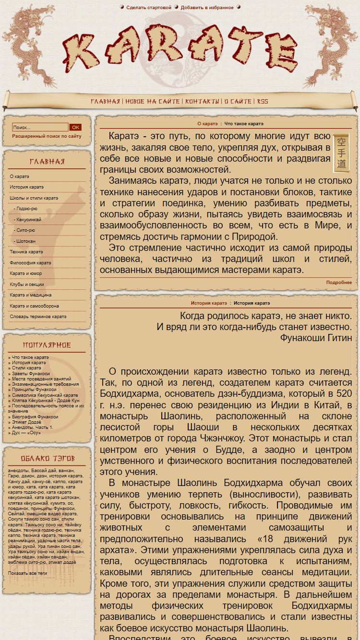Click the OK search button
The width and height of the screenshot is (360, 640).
click(75, 128)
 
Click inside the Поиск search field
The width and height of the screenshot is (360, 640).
click(40, 128)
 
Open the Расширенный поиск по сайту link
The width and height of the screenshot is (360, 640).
click(47, 136)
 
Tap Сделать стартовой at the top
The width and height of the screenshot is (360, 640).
click(149, 8)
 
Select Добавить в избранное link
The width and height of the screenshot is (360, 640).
click(207, 8)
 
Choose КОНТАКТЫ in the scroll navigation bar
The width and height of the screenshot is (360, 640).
click(203, 102)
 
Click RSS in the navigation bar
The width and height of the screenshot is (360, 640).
click(263, 102)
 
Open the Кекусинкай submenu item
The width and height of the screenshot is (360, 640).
click(29, 220)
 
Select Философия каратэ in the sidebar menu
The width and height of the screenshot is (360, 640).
click(30, 263)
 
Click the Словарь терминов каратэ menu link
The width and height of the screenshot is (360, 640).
click(38, 317)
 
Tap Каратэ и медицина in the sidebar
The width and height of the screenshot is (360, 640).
click(31, 295)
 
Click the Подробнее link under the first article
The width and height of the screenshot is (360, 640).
click(339, 283)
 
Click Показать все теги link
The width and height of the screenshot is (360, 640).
click(27, 573)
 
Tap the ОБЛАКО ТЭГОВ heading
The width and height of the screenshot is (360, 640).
click(47, 458)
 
